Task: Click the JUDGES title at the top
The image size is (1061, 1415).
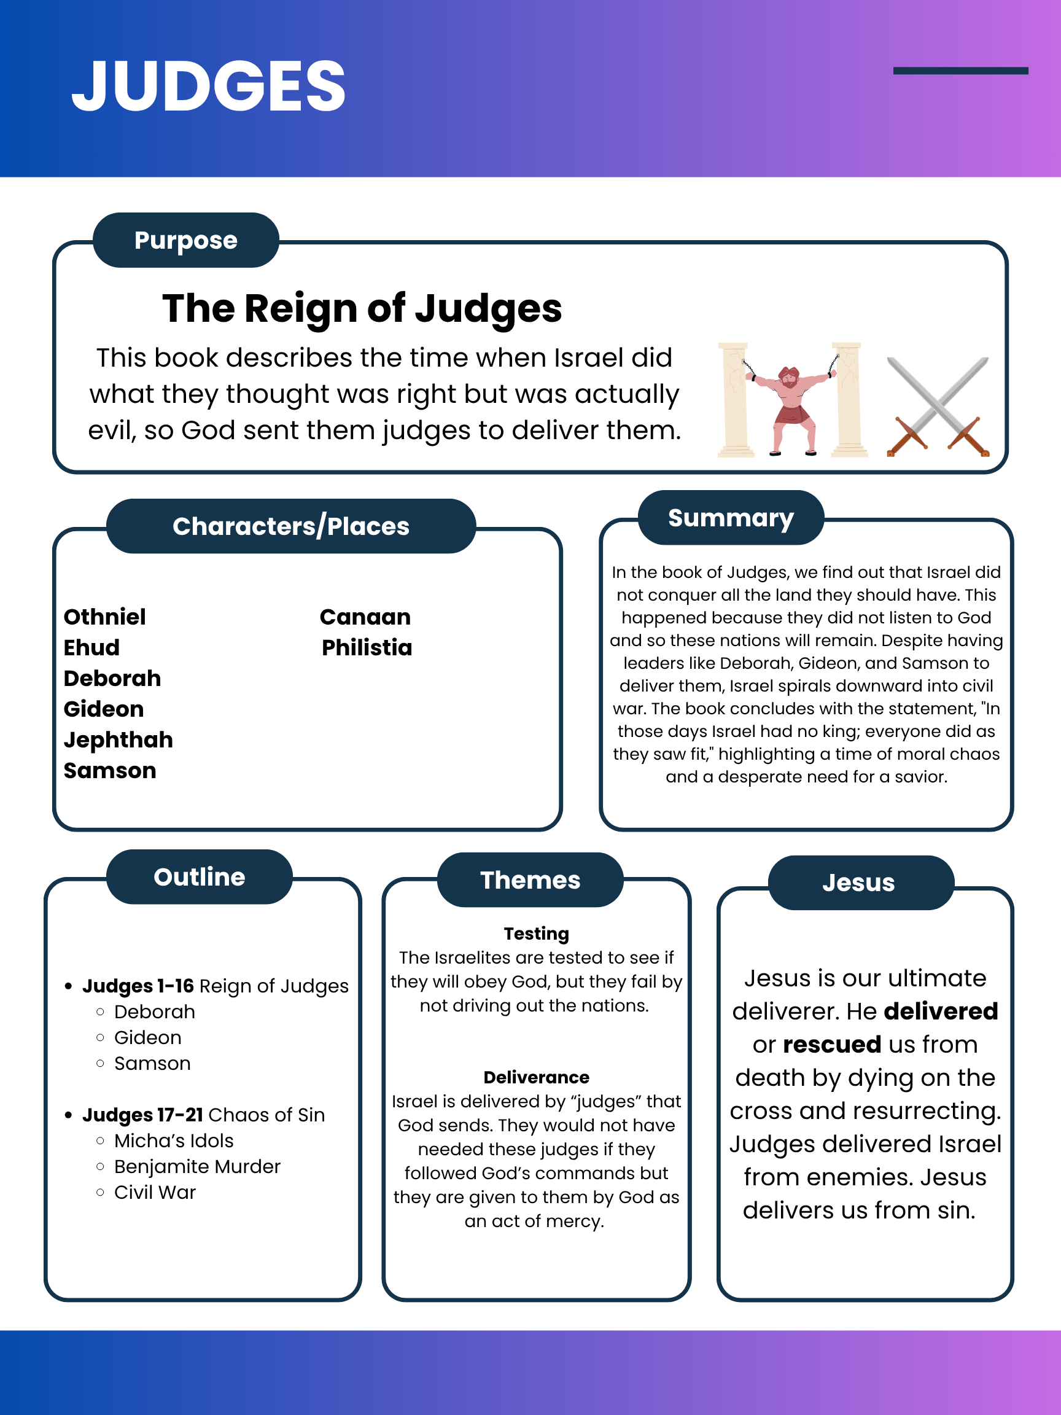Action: [x=209, y=87]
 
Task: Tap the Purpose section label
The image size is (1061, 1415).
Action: [x=185, y=241]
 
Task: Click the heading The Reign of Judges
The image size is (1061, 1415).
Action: [x=362, y=308]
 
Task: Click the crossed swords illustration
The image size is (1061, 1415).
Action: [x=938, y=407]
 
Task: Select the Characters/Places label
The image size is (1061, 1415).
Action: [x=291, y=526]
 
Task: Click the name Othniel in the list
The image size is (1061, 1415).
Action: [x=105, y=617]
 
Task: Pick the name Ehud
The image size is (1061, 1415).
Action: [x=91, y=648]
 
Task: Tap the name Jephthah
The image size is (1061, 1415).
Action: [x=119, y=740]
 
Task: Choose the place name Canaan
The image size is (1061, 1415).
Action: [x=365, y=617]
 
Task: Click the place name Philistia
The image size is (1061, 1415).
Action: [x=367, y=648]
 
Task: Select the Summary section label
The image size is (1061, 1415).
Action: [x=731, y=518]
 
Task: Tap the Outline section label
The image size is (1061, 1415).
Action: [x=200, y=877]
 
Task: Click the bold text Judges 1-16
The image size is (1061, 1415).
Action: [x=138, y=986]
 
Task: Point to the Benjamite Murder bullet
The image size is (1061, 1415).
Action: [x=197, y=1167]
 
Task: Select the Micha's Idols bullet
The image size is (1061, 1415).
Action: [x=174, y=1140]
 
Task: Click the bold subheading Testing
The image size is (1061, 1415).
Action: [x=536, y=934]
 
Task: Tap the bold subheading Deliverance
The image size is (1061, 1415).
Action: [x=536, y=1078]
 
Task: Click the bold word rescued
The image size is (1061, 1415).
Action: [x=832, y=1045]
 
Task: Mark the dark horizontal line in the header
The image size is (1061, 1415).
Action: [x=960, y=71]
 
